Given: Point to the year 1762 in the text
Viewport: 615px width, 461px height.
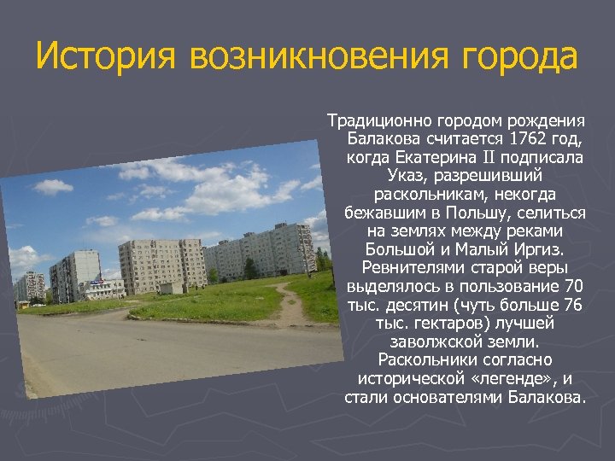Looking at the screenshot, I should [x=527, y=138].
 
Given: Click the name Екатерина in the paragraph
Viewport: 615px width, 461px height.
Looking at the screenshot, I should [x=434, y=157].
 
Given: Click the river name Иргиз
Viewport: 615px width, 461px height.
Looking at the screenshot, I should [x=544, y=250].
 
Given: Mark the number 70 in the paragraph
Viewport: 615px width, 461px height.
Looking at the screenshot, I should [x=574, y=287].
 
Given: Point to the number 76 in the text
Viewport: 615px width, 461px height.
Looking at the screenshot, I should [x=574, y=306].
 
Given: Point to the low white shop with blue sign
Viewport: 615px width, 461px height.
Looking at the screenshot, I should [x=104, y=288].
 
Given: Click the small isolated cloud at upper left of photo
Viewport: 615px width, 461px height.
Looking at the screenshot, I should [x=51, y=187].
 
